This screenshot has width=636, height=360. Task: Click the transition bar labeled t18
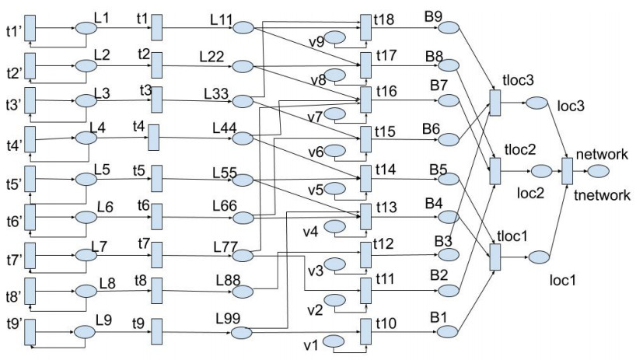click(x=366, y=28)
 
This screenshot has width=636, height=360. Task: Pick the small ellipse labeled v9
click(x=334, y=37)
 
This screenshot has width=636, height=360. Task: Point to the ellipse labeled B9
click(x=449, y=28)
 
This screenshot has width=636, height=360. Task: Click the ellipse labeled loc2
click(x=541, y=171)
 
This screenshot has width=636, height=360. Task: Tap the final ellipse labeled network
click(x=597, y=170)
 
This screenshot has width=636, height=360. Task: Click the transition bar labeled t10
click(x=365, y=332)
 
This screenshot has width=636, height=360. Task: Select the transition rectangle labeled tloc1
click(x=494, y=257)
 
